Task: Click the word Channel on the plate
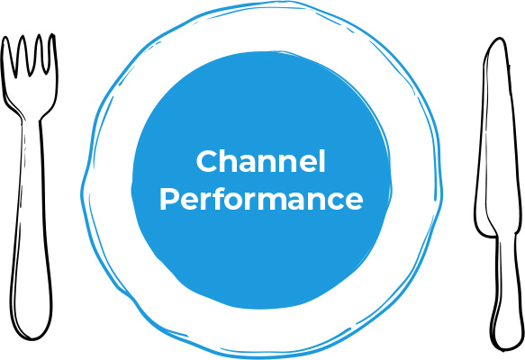coord(260,161)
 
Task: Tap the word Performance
coord(261,199)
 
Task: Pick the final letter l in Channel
coord(321,161)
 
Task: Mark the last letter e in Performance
coord(353,202)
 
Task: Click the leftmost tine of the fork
coord(6,55)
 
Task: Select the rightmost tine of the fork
coord(52,53)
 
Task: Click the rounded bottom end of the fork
coord(32,333)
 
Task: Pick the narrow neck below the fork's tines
coord(32,117)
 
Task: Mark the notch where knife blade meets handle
coord(496,236)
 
